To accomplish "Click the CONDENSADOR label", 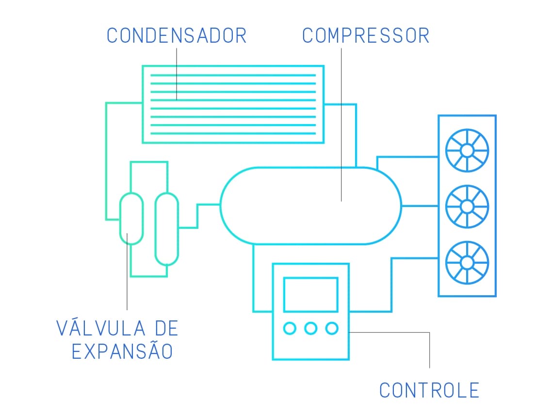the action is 177,35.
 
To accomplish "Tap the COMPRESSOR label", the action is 366,35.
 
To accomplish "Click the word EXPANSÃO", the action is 122,351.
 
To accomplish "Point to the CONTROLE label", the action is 429,390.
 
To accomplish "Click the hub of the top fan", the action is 467,151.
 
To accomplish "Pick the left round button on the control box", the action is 290,328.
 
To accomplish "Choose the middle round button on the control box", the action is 310,328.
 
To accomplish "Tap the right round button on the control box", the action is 332,328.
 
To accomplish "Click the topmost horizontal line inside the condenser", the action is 233,75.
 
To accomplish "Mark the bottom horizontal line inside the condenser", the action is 233,133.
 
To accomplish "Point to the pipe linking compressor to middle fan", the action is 420,206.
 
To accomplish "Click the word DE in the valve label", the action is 166,329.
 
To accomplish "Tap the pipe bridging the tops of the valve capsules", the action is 149,162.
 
